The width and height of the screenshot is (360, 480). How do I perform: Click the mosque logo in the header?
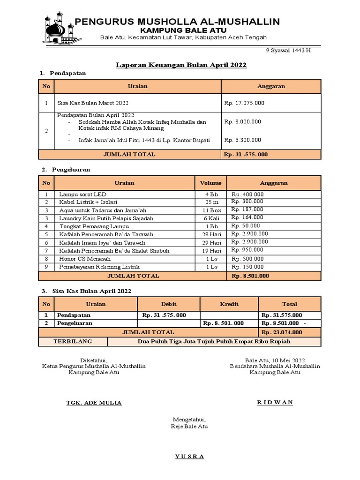point(60,29)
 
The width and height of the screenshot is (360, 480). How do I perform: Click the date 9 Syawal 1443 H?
point(288,51)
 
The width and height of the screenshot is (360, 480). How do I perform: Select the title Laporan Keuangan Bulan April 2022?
point(181,65)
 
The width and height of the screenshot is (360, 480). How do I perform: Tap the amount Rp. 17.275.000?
point(244,103)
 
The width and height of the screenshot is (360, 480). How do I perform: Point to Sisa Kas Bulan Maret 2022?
point(93,103)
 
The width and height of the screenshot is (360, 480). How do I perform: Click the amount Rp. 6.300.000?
point(243,140)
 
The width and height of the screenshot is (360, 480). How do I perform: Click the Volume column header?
point(211,183)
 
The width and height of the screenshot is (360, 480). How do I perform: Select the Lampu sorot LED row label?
point(82,194)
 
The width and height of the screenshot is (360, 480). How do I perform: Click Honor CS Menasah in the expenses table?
point(85,259)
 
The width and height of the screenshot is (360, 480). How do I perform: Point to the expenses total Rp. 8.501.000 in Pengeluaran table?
point(250,276)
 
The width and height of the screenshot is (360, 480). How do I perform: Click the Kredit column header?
point(229,304)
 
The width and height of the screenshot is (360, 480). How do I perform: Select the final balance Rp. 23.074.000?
point(282,332)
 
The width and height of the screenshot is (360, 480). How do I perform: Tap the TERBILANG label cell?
point(74,341)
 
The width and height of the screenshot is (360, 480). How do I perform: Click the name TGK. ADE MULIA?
point(94,403)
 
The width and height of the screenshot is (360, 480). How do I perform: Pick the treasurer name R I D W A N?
point(275,403)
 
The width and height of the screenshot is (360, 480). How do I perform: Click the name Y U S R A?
point(189,457)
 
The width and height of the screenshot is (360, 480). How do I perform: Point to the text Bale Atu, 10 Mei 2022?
point(275,360)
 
